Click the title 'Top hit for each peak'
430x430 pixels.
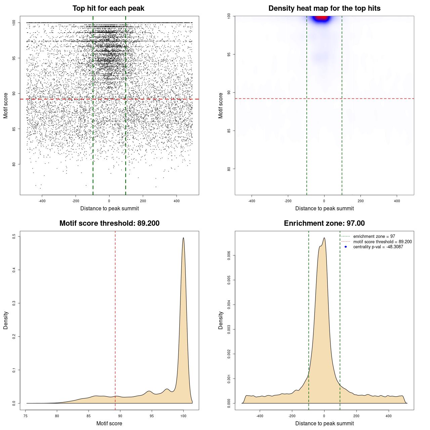[108, 8]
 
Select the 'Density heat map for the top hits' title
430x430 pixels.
[324, 8]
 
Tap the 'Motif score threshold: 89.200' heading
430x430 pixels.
[109, 223]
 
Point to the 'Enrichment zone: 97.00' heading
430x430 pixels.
[324, 223]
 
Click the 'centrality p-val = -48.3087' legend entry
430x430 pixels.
[378, 247]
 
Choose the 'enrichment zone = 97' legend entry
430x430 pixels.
[374, 236]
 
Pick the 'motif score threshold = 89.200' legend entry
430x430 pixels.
[382, 242]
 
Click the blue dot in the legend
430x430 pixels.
[346, 247]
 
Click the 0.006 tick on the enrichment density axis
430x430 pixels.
[229, 256]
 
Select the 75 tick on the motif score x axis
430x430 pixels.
[26, 416]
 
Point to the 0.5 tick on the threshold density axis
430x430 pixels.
[14, 236]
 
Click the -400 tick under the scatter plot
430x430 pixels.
[42, 201]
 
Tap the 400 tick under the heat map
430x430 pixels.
[397, 201]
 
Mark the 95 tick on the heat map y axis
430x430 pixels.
[229, 54]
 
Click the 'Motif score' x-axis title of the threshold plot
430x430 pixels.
[109, 423]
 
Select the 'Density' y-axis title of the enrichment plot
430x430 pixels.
[221, 320]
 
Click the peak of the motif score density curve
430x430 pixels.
[183, 238]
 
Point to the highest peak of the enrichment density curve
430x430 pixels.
[324, 238]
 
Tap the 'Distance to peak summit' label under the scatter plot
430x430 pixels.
[110, 208]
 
